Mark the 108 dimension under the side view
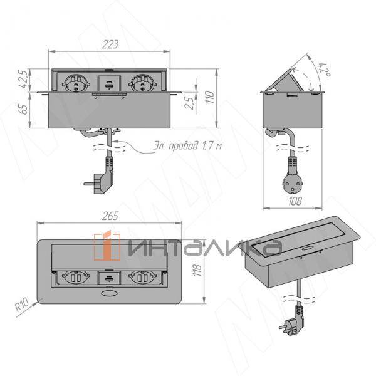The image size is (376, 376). click(x=296, y=202)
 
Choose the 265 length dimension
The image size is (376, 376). click(x=110, y=216)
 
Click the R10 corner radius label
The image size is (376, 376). click(x=22, y=306)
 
